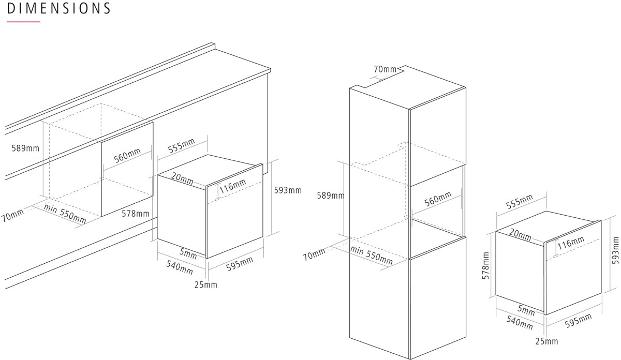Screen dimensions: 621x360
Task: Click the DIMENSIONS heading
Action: point(59,8)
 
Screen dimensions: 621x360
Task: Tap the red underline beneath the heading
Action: point(24,22)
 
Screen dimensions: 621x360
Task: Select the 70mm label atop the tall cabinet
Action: point(385,69)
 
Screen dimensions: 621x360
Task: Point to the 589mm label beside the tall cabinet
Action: point(331,196)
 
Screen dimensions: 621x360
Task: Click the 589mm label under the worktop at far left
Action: point(25,148)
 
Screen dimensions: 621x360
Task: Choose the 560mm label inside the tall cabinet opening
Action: point(438,199)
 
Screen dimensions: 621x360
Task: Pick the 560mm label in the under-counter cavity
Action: point(127,156)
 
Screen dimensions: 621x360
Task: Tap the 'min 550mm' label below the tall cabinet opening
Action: point(372,255)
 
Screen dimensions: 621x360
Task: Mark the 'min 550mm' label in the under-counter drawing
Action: point(65,214)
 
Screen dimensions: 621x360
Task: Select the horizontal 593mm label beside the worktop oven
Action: point(288,190)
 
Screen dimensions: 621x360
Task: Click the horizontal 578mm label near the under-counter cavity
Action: point(136,214)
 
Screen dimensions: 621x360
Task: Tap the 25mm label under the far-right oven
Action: point(546,341)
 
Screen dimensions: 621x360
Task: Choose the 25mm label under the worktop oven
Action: point(206,284)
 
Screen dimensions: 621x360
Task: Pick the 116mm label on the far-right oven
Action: point(571,243)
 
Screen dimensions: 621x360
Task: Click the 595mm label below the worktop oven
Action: point(240,264)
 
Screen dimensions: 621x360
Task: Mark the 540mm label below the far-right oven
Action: point(520,323)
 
